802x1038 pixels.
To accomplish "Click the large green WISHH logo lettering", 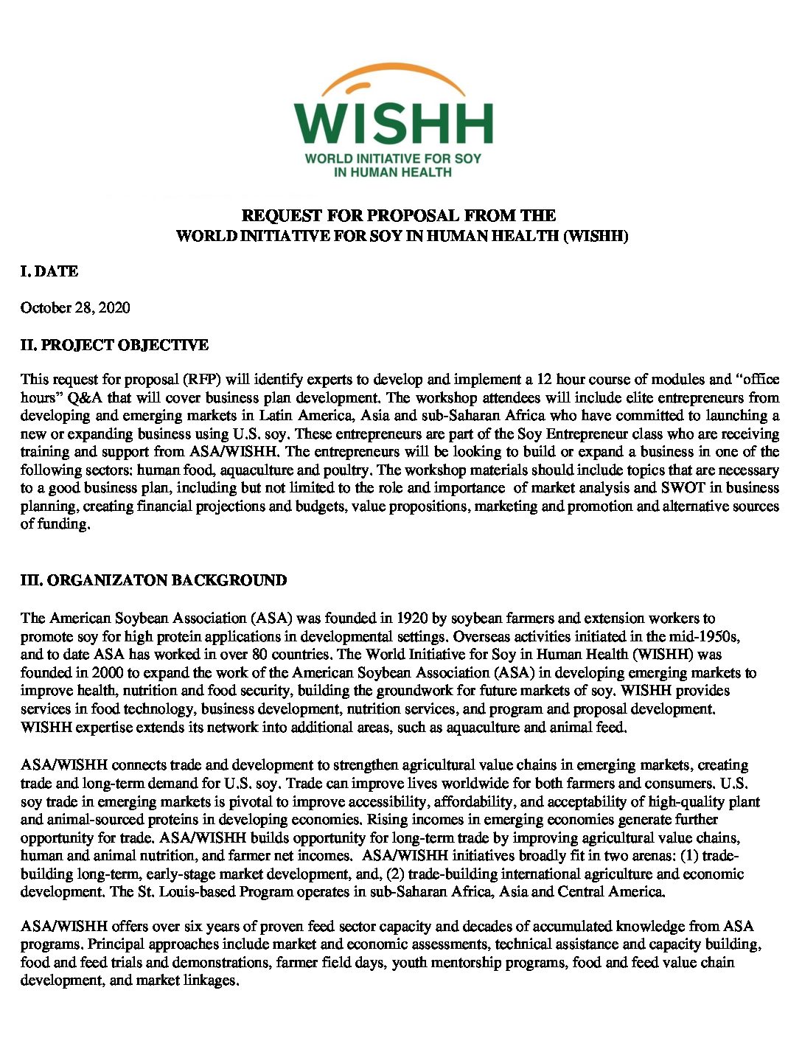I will (x=394, y=123).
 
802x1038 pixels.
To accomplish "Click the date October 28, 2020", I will (x=75, y=307).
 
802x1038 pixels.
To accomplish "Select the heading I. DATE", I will (x=49, y=271).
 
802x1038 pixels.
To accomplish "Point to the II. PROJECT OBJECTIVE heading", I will (x=114, y=345).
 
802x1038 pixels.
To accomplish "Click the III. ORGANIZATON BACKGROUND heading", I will (x=153, y=580).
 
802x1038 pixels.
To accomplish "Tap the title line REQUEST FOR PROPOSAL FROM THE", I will (x=399, y=215).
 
